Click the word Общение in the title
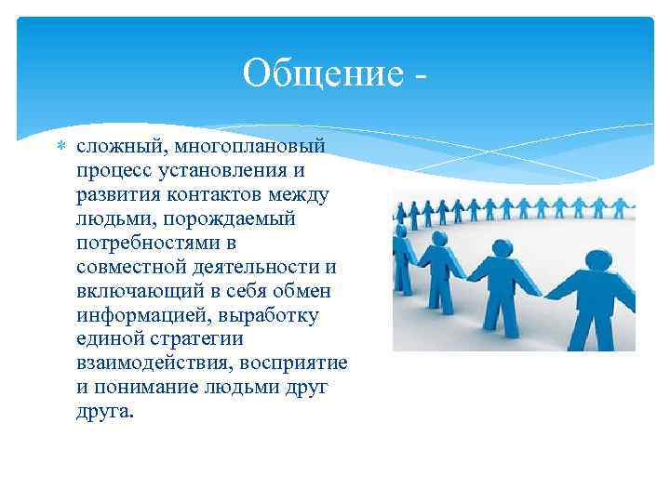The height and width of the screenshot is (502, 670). [x=319, y=73]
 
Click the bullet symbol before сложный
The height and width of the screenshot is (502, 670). [x=61, y=146]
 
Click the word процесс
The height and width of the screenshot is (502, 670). [x=114, y=170]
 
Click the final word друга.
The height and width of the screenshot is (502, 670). [x=104, y=412]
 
